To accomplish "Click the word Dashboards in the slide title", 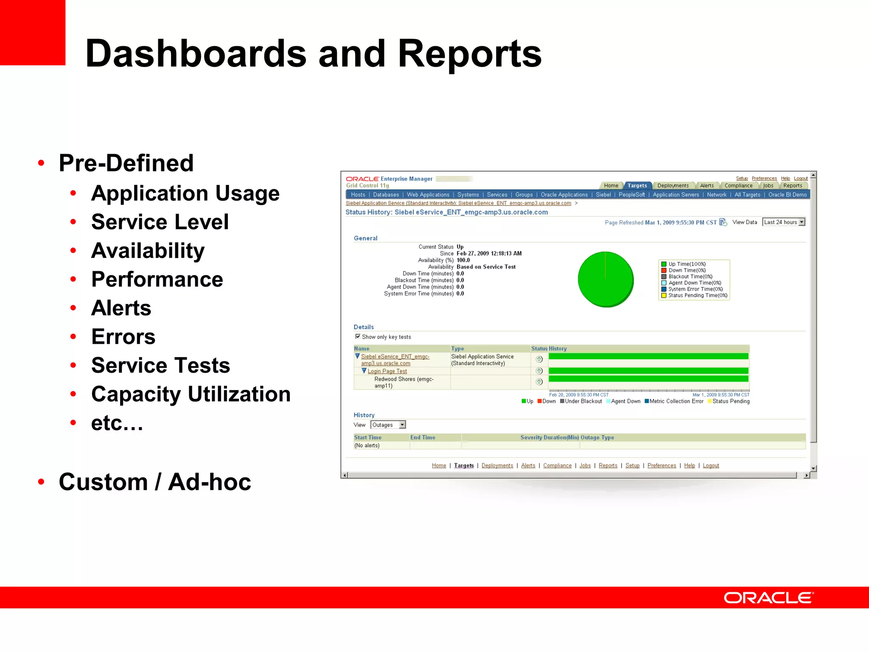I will click(x=196, y=53).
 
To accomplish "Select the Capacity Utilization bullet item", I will click(x=191, y=394).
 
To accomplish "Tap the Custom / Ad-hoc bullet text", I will click(x=155, y=482).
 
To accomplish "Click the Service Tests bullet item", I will click(x=160, y=365).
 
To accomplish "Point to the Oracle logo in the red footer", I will click(x=768, y=598).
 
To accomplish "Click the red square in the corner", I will click(x=33, y=32).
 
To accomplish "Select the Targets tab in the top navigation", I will click(x=637, y=185).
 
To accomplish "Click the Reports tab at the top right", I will click(x=792, y=185).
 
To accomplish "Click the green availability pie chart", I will click(x=605, y=279).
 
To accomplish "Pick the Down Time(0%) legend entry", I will click(x=687, y=270).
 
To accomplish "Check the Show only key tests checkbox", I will click(x=358, y=336).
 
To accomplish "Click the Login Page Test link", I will click(x=387, y=371).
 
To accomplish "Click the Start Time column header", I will click(x=368, y=437).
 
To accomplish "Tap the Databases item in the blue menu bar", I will click(x=386, y=195).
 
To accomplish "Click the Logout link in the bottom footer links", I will click(x=711, y=466).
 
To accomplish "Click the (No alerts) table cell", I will click(x=367, y=445).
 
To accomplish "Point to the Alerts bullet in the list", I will click(x=121, y=308).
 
